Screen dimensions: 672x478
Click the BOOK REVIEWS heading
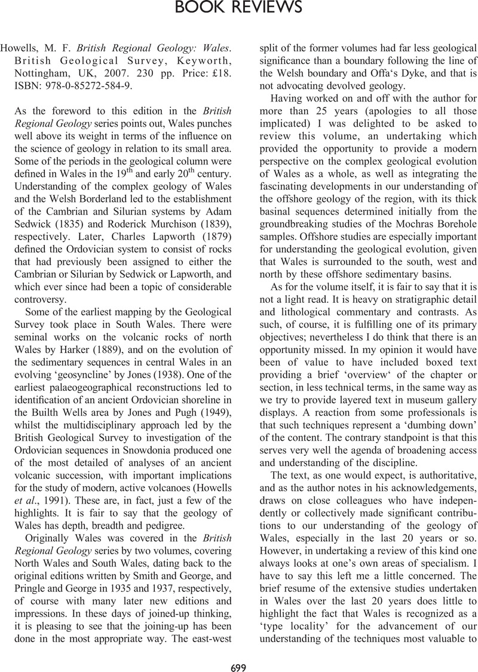(239, 8)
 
